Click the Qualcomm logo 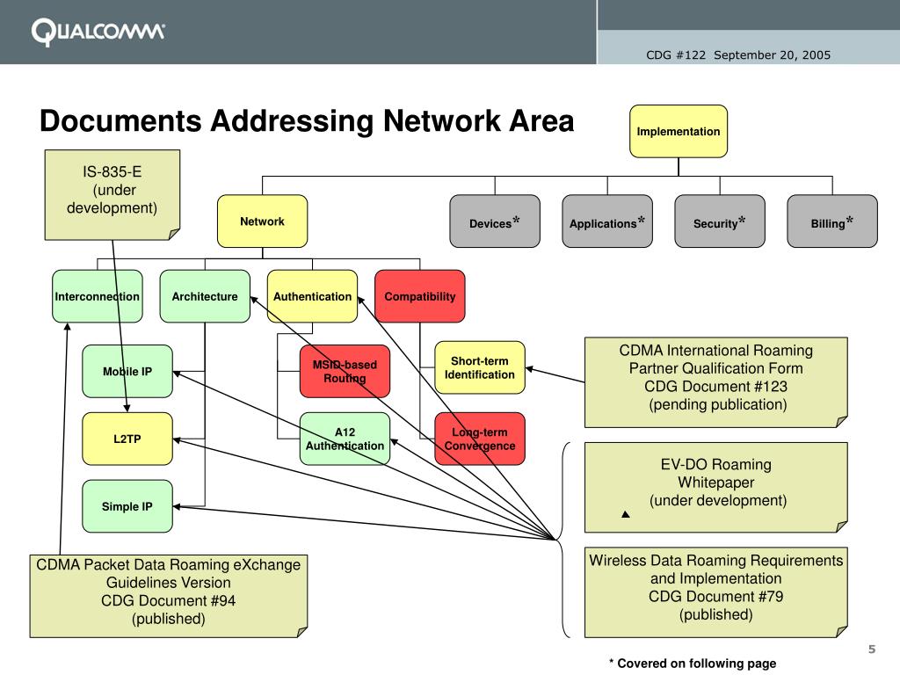click(x=98, y=33)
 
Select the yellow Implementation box click(x=678, y=131)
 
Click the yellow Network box click(x=262, y=221)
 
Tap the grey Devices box click(x=494, y=221)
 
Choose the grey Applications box click(x=606, y=221)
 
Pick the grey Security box click(x=719, y=221)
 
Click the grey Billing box click(x=831, y=221)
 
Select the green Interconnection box click(x=97, y=296)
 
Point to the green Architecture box click(x=205, y=296)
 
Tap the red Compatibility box click(x=420, y=296)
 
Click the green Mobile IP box click(x=127, y=371)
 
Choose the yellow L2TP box click(x=127, y=439)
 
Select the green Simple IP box click(x=127, y=506)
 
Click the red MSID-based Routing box click(x=345, y=371)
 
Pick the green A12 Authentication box click(x=345, y=439)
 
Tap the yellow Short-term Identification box click(x=480, y=367)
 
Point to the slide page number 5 click(x=872, y=650)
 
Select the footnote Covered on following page click(x=693, y=664)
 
